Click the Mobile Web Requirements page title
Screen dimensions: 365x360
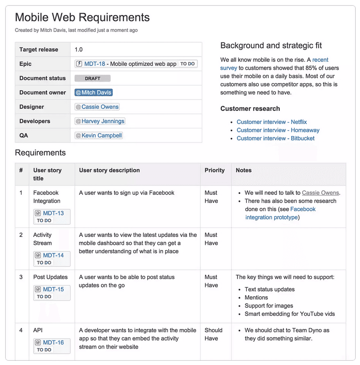click(x=82, y=18)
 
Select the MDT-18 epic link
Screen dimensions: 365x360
click(x=95, y=64)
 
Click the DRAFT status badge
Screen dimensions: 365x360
click(x=93, y=79)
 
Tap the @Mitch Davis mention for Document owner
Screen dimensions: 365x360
click(x=94, y=93)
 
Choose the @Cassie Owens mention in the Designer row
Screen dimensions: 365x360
click(x=97, y=107)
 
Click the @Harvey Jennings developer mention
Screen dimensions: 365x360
click(x=100, y=121)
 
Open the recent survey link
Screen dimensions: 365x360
click(x=229, y=64)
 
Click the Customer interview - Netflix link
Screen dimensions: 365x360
click(x=272, y=122)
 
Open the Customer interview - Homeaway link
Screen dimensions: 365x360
click(x=278, y=130)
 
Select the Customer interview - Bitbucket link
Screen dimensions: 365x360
click(x=275, y=138)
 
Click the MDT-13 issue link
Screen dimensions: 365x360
click(x=53, y=213)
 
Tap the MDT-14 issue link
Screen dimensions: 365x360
click(x=53, y=255)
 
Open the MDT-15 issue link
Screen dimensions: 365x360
click(x=53, y=289)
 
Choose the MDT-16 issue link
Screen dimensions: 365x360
click(x=53, y=343)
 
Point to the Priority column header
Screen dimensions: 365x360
click(x=215, y=171)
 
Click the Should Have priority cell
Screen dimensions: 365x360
click(x=213, y=334)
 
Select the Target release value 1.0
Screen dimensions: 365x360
click(x=79, y=50)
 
